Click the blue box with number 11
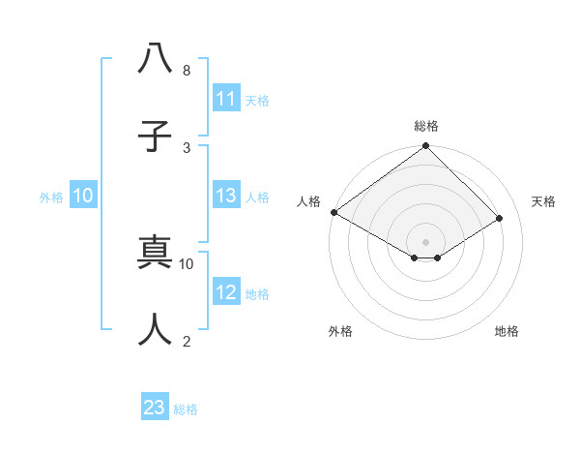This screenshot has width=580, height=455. pyautogui.click(x=226, y=99)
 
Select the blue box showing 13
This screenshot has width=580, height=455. pyautogui.click(x=226, y=197)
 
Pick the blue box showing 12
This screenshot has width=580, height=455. pyautogui.click(x=226, y=292)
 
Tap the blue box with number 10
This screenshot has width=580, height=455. pyautogui.click(x=83, y=197)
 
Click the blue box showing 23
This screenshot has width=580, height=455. pyautogui.click(x=155, y=408)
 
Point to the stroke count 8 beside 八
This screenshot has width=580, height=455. pyautogui.click(x=186, y=71)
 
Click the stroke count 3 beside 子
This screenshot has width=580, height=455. pyautogui.click(x=186, y=147)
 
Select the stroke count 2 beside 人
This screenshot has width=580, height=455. pyautogui.click(x=186, y=341)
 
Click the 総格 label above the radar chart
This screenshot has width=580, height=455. pyautogui.click(x=426, y=126)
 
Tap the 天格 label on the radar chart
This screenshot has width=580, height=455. pyautogui.click(x=543, y=201)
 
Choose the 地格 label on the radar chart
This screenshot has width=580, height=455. pyautogui.click(x=507, y=331)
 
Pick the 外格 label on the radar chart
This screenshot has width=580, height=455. pyautogui.click(x=340, y=331)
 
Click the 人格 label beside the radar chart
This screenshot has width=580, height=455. pyautogui.click(x=308, y=201)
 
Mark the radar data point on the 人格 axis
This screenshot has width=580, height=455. pyautogui.click(x=334, y=212)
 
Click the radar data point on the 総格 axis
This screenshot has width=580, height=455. pyautogui.click(x=426, y=146)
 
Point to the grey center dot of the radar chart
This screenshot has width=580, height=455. pyautogui.click(x=426, y=241)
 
